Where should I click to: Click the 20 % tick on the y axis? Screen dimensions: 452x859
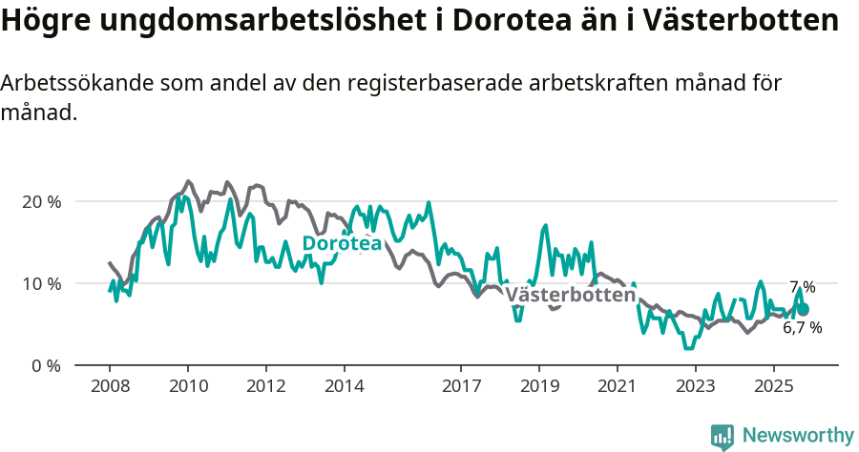41,202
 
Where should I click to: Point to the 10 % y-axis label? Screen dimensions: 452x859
41,284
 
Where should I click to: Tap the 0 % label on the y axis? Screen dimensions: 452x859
45,366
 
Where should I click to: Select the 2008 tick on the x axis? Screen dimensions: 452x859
109,386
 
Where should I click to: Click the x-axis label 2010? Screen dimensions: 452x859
187,386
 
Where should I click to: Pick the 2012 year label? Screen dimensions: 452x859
265,386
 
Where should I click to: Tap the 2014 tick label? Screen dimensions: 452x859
344,386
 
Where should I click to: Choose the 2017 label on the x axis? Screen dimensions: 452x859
461,386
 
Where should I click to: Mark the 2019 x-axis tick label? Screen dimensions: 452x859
539,386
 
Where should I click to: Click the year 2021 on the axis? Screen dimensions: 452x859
617,386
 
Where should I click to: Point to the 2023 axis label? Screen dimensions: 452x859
695,386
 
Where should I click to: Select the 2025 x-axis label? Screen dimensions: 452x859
773,386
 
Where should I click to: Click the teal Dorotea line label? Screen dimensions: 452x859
342,244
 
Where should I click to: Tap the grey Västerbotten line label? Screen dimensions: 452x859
570,296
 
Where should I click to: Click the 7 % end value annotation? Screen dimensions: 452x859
802,287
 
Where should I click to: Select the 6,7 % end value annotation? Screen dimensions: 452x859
802,328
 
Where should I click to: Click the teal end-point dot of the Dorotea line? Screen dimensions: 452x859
803,309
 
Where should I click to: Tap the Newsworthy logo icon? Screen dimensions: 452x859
723,436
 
